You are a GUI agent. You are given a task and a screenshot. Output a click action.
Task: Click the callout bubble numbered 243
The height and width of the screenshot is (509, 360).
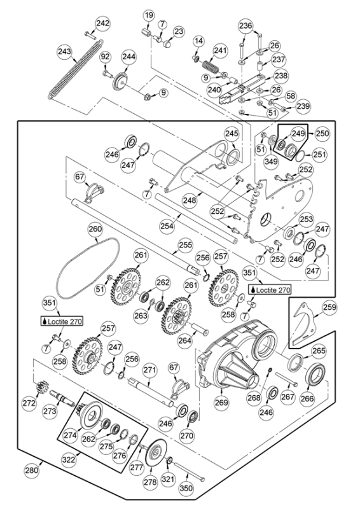click(64, 50)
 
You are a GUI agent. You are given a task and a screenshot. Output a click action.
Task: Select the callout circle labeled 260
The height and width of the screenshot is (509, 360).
click(95, 229)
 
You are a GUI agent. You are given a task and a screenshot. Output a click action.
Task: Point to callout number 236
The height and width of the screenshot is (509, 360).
click(245, 26)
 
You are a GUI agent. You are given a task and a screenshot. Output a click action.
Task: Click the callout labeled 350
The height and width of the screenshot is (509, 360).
click(185, 488)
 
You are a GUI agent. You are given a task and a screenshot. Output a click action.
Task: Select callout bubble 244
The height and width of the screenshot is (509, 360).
click(129, 57)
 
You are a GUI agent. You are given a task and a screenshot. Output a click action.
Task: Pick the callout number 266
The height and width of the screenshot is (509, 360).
click(307, 398)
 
